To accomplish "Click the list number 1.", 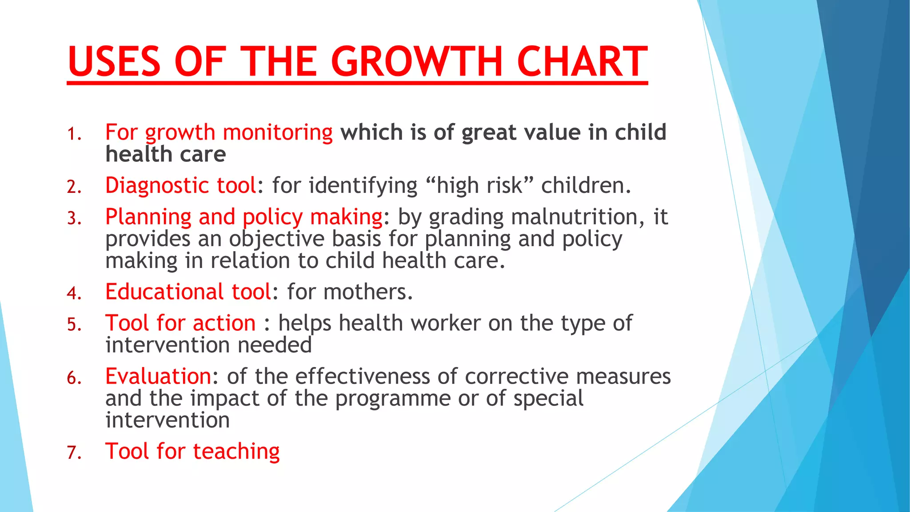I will tap(74, 134).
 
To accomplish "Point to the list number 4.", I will tap(74, 293).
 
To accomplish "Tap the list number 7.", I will tap(74, 453).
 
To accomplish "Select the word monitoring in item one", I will tap(277, 133).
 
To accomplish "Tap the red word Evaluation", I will tap(158, 376).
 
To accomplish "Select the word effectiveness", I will tap(363, 376).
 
